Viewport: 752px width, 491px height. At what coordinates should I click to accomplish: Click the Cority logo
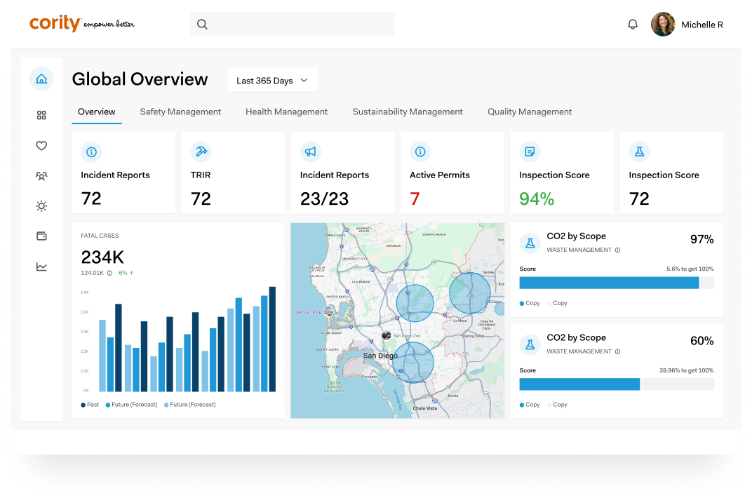click(x=55, y=23)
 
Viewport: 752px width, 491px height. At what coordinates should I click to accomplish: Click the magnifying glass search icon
click(x=202, y=25)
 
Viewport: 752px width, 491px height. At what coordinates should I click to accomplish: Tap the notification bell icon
click(x=633, y=25)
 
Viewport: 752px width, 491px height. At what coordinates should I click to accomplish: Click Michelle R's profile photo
click(x=663, y=25)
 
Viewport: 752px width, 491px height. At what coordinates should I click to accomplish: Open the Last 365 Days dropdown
click(x=272, y=81)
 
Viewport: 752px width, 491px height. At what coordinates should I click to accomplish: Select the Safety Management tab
click(x=180, y=112)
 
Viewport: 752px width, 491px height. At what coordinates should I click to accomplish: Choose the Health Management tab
click(x=286, y=112)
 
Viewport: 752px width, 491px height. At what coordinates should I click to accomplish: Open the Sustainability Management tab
click(x=408, y=112)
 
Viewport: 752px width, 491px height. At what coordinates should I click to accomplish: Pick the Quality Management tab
click(x=530, y=112)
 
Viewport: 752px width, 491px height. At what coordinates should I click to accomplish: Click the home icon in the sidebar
click(x=41, y=79)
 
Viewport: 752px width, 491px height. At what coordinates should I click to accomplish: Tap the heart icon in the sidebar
click(x=41, y=146)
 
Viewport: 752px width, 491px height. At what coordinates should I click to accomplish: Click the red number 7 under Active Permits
click(x=415, y=199)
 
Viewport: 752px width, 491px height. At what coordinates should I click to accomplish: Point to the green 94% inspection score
click(x=537, y=199)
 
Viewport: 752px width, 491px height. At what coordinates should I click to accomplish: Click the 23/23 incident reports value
click(x=324, y=199)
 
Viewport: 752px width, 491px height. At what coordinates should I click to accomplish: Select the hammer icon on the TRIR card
click(x=201, y=152)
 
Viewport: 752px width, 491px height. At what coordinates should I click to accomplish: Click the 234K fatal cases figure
click(x=102, y=257)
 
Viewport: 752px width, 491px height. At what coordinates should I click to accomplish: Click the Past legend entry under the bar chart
click(x=90, y=405)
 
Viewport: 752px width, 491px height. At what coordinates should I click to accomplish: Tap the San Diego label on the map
click(x=380, y=356)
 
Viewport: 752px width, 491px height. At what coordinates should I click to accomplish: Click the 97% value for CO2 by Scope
click(x=701, y=240)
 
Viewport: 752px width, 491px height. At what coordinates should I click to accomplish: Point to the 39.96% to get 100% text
click(x=686, y=370)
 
